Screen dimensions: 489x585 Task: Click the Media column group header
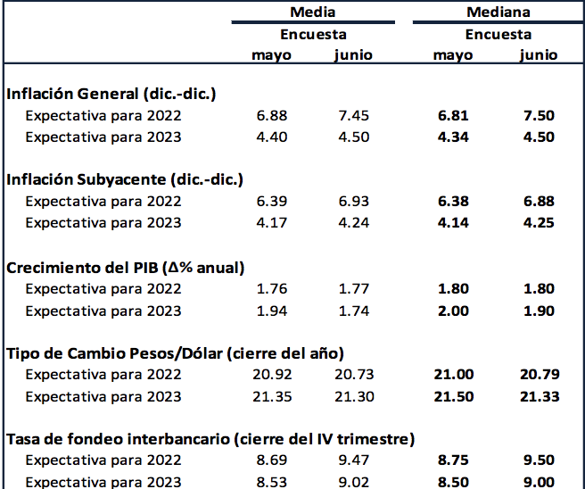tap(312, 12)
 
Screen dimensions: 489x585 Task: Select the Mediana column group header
tap(498, 12)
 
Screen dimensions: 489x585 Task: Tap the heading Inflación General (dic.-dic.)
tap(111, 94)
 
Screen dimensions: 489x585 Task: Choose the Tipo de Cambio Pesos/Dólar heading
tap(175, 352)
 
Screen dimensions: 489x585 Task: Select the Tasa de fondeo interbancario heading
tap(210, 439)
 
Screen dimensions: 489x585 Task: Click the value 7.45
tap(353, 116)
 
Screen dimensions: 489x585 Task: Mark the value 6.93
tap(353, 202)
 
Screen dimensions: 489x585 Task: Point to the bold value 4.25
tap(538, 223)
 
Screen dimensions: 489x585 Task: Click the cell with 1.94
tap(271, 310)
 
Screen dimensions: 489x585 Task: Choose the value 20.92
tap(271, 375)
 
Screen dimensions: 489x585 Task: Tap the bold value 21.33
tap(538, 396)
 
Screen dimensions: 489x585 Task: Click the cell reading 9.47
tap(353, 461)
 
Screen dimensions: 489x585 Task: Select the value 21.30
tap(353, 396)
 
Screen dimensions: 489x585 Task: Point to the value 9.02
tap(353, 482)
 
